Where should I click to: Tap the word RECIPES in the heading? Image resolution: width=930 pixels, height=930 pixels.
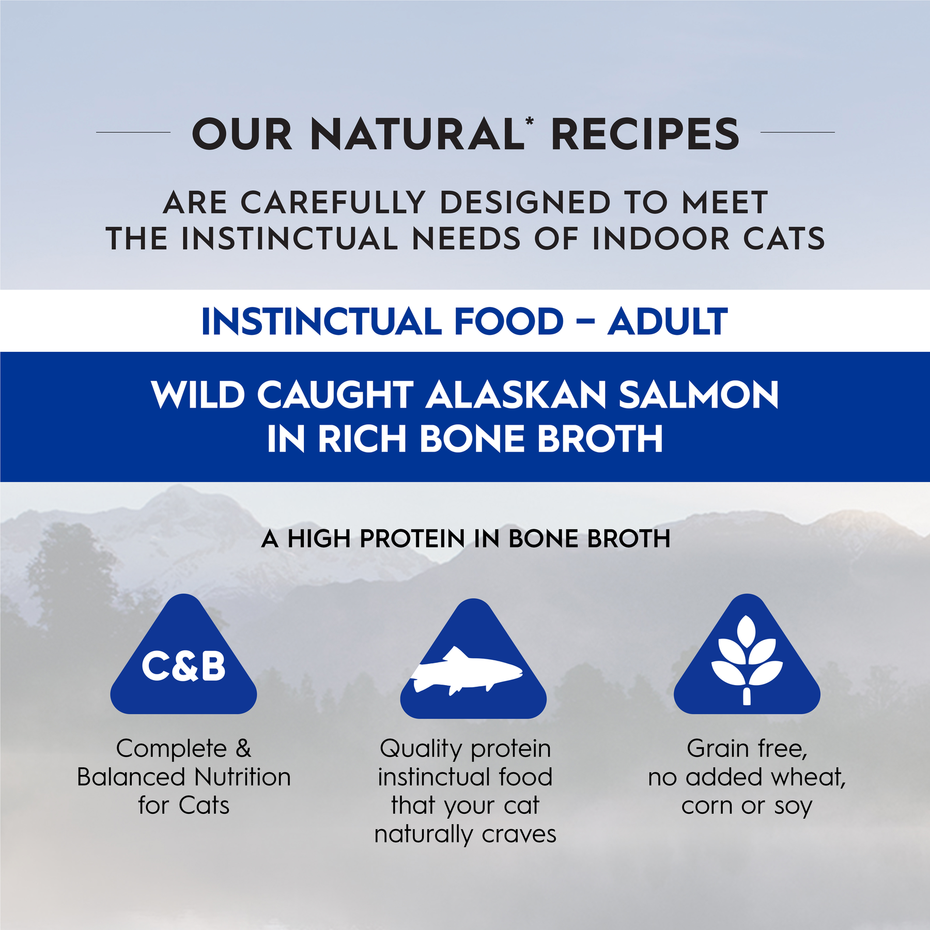tap(645, 134)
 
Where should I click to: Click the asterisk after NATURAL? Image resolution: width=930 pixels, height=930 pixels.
tap(530, 122)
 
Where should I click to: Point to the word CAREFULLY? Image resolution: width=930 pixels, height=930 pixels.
tap(333, 202)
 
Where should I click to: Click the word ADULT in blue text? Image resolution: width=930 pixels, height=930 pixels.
tap(668, 322)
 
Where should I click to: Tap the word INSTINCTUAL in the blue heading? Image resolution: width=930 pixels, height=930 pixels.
tap(321, 322)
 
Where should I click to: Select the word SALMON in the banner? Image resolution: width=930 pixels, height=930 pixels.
tap(699, 395)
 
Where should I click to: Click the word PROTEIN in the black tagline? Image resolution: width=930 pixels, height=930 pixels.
tap(413, 539)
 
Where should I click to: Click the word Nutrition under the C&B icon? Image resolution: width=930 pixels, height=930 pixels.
tap(243, 777)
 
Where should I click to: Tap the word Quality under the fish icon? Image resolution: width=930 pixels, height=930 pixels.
tap(421, 749)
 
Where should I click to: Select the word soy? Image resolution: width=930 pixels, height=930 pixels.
tap(793, 805)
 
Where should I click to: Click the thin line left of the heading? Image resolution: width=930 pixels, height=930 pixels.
tap(133, 132)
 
